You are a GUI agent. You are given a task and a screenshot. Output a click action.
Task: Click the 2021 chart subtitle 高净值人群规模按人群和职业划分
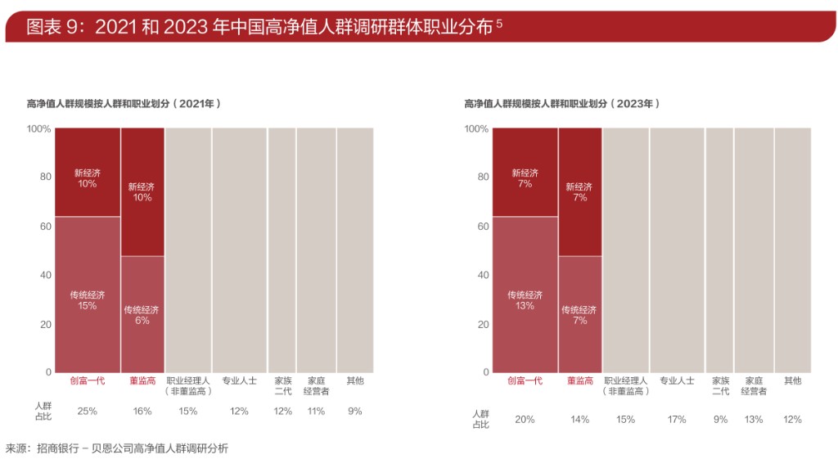point(124,104)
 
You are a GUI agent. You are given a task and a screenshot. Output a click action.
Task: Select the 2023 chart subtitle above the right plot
point(561,104)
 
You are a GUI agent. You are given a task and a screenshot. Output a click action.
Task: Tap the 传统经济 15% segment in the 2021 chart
point(88,299)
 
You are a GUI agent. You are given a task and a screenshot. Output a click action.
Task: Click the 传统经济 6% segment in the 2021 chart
point(142,315)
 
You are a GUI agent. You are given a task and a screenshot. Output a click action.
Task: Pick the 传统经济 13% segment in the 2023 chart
point(525,299)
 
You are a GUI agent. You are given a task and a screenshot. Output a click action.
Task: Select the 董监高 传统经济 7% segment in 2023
point(579,315)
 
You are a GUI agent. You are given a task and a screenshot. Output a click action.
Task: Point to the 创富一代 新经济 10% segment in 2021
point(88,178)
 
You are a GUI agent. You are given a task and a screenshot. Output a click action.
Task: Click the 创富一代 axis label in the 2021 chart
point(88,380)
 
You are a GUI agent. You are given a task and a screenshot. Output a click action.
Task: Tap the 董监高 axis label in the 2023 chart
point(579,380)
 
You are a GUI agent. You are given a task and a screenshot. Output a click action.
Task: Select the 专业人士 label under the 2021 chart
point(239,380)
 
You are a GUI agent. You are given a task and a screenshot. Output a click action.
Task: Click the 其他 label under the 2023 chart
point(792,380)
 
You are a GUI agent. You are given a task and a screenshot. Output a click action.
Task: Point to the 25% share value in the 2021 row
point(88,412)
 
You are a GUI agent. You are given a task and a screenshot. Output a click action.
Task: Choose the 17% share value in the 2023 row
point(677,420)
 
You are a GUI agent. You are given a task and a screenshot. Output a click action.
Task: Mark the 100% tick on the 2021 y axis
point(38,128)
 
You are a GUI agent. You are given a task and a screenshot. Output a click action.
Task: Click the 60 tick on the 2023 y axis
point(482,226)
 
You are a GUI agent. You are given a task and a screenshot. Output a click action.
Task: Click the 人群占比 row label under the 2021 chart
point(43,411)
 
